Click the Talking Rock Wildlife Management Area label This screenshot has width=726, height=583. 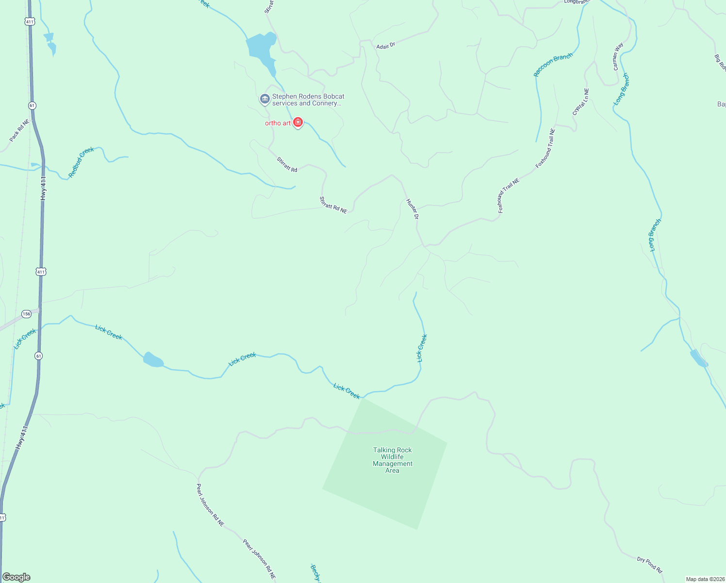392,460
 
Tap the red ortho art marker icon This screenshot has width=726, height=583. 298,122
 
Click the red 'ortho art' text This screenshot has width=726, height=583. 278,123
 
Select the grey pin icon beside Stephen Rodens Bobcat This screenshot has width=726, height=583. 264,100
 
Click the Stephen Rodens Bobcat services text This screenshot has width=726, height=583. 308,100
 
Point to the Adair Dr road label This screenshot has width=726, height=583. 386,45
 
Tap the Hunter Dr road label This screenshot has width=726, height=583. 412,209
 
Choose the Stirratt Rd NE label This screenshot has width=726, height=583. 333,205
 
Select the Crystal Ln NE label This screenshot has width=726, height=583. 580,102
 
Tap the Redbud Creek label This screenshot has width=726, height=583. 81,162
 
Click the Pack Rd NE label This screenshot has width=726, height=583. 19,130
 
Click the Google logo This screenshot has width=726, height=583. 16,577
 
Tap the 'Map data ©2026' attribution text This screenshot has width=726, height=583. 705,579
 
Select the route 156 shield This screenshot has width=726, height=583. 26,314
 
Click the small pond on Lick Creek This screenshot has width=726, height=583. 153,360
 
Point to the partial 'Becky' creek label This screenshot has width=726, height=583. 315,573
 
